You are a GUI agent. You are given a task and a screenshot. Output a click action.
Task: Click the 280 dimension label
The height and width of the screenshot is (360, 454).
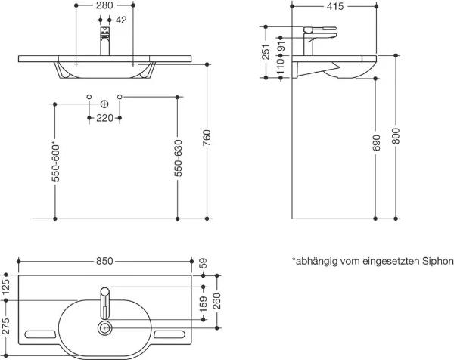pos(104,5)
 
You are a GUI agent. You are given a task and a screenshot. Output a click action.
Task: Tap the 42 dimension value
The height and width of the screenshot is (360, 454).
pos(121,20)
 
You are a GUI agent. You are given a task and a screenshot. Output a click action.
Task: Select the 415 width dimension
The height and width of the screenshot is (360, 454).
pos(335,6)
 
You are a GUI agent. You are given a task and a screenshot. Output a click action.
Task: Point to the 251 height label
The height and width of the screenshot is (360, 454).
pos(266,52)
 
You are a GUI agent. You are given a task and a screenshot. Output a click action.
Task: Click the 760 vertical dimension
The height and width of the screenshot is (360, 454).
pos(207,138)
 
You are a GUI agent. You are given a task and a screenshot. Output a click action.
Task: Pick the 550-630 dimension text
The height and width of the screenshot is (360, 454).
pos(179,158)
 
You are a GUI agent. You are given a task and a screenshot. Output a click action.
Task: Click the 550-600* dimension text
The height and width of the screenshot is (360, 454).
pos(55,162)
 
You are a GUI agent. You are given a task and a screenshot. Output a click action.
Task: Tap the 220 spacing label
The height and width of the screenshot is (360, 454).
pos(104,118)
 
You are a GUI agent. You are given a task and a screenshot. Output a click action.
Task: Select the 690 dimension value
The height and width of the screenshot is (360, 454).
pos(376,143)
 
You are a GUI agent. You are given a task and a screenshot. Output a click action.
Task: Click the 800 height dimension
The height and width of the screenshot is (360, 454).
pos(396,136)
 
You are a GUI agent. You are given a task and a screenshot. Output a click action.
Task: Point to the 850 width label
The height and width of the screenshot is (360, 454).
pos(104,262)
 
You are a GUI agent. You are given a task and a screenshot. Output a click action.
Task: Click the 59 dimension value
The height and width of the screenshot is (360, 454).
pos(204,263)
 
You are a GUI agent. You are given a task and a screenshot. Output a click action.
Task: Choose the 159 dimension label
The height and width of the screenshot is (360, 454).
pos(204,304)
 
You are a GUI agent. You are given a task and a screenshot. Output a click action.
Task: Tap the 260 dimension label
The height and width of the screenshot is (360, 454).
pos(217,301)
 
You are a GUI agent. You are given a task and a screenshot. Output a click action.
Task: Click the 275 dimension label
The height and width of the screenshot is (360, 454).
pos(6,326)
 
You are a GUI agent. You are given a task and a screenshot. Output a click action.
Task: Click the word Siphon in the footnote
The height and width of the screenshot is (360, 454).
pos(437,262)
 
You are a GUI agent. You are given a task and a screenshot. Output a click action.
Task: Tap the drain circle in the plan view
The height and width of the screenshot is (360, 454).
pos(104,328)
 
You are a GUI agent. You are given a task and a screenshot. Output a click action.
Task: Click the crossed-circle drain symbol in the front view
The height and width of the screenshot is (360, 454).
pos(104,104)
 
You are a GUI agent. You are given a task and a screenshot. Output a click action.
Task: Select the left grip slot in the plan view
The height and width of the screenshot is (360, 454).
pos(40,334)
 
